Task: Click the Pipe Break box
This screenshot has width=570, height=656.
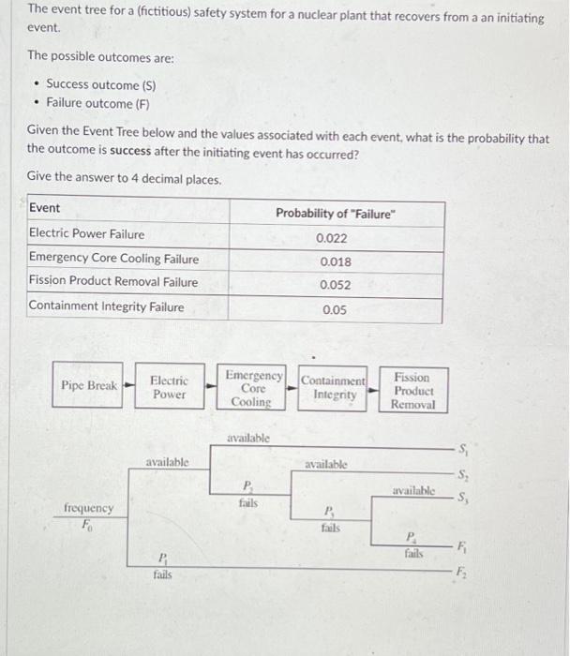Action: click(x=89, y=385)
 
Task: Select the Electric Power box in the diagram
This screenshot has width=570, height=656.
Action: click(x=169, y=387)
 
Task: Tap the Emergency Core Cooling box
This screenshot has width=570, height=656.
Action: click(x=253, y=388)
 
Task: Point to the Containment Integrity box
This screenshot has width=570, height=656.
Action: click(x=334, y=388)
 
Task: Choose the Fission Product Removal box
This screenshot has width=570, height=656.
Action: click(x=413, y=391)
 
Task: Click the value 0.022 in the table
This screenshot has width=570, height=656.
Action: click(x=336, y=238)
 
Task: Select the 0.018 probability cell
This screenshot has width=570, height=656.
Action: click(x=336, y=262)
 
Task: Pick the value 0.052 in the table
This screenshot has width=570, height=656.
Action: click(x=336, y=286)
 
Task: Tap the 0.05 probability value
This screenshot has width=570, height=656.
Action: click(x=334, y=310)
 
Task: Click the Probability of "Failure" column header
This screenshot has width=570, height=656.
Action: click(x=336, y=213)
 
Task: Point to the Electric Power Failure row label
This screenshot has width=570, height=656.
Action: click(x=87, y=234)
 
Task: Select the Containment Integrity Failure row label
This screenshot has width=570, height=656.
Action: click(x=107, y=306)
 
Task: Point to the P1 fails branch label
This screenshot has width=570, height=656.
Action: click(x=162, y=567)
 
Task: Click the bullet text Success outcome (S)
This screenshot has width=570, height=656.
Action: click(x=100, y=85)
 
